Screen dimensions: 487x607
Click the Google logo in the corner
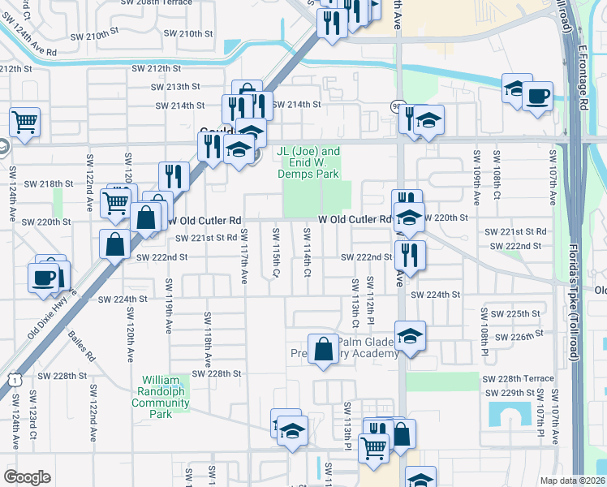click(27, 476)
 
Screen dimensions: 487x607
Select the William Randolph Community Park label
click(166, 397)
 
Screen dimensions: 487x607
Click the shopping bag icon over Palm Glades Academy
click(323, 349)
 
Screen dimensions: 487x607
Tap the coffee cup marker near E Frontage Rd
click(536, 97)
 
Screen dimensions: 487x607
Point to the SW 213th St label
click(176, 87)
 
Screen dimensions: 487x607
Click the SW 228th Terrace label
click(519, 379)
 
